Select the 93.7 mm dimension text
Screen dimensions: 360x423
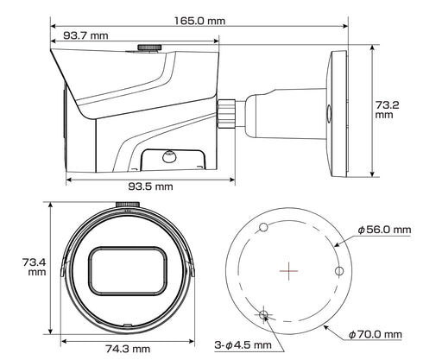85,35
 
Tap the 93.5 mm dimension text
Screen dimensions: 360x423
151,186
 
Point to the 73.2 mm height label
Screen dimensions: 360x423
384,108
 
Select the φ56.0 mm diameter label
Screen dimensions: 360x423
383,231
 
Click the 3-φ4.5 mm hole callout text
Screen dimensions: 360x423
244,345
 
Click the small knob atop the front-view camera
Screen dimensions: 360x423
126,206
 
